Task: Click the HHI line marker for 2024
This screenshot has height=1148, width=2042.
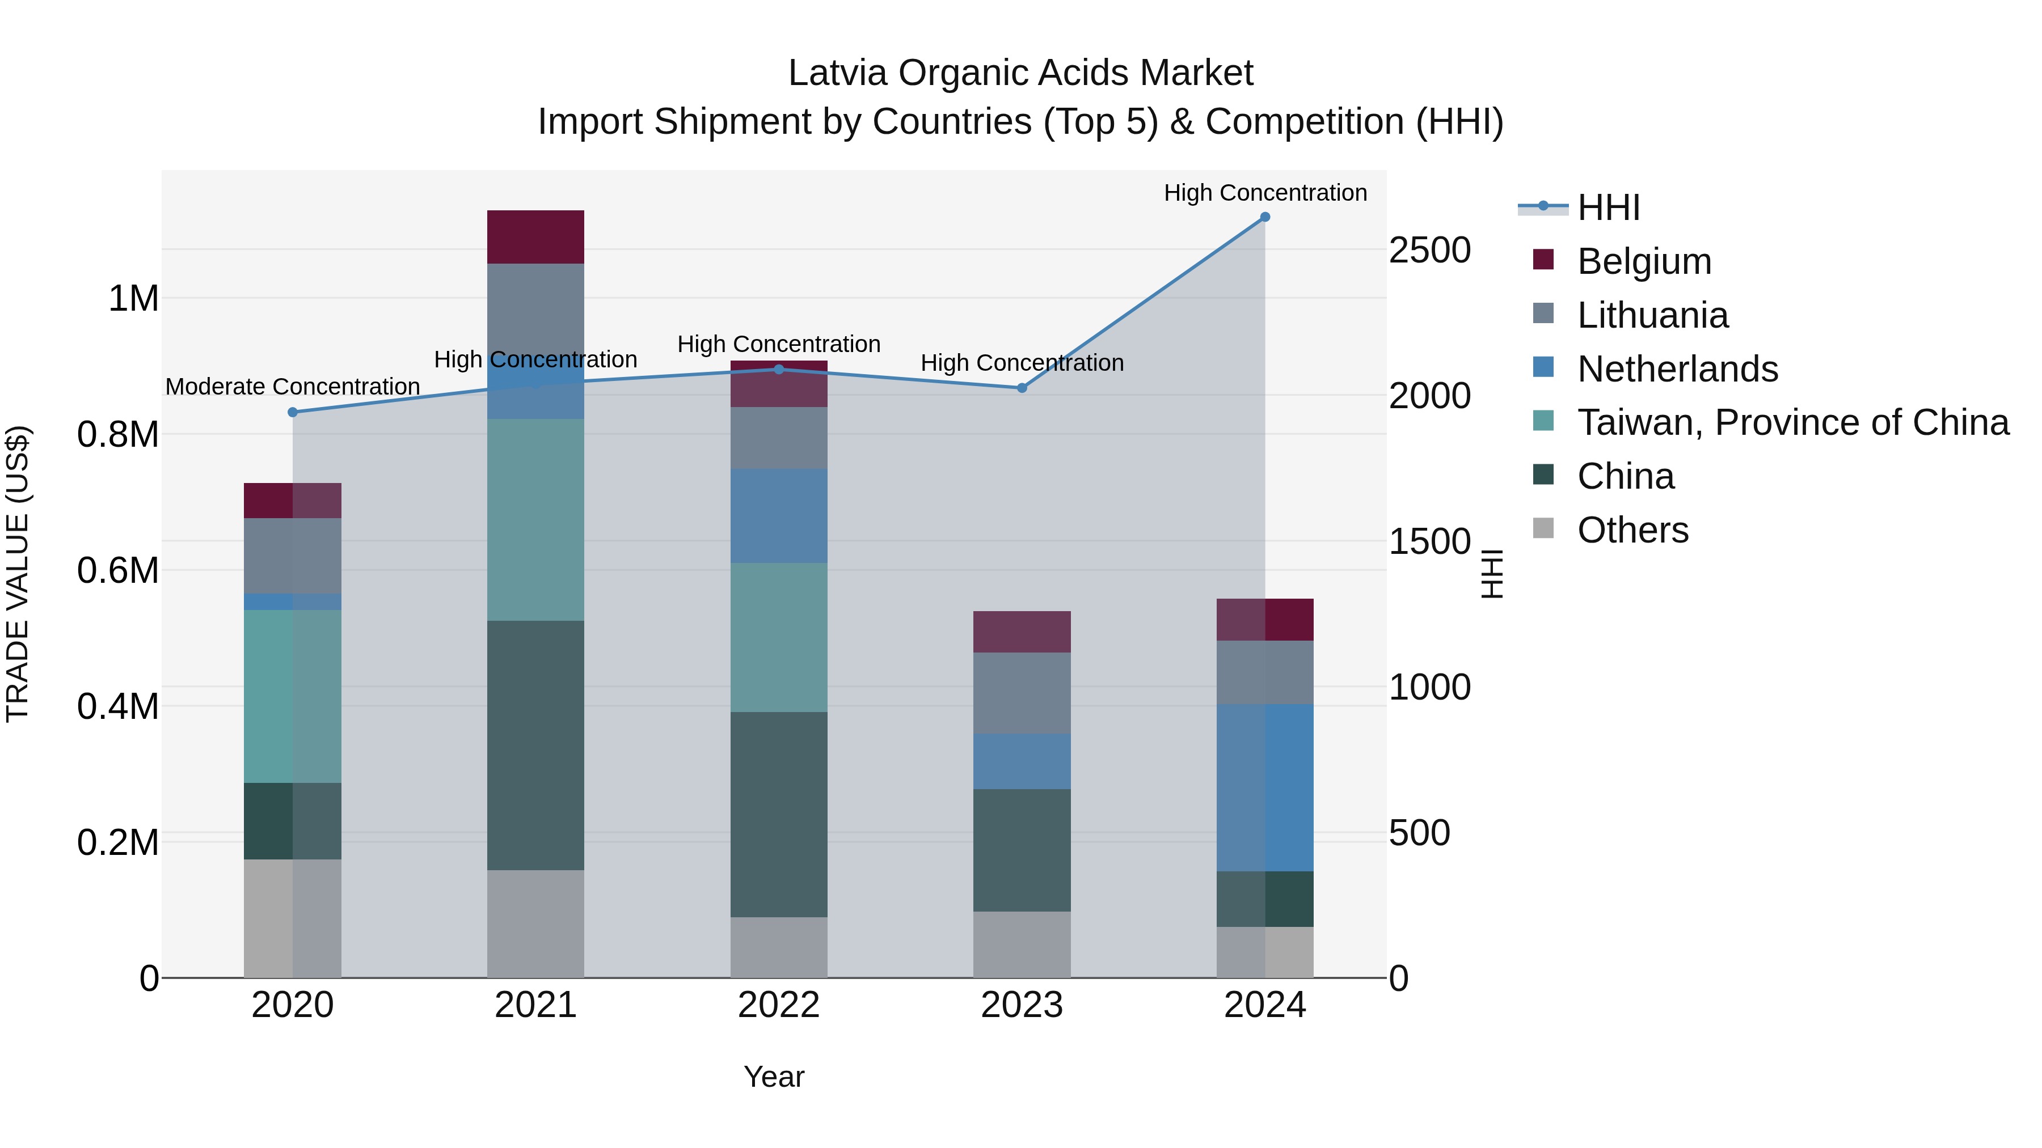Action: (x=1264, y=217)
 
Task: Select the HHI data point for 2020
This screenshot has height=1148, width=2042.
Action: (x=293, y=412)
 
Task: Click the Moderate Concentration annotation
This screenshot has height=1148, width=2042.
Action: (x=293, y=387)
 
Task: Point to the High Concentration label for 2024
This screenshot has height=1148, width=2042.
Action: (x=1265, y=193)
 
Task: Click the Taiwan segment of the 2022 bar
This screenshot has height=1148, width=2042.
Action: (x=778, y=637)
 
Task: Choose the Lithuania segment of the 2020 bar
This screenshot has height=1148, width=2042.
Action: (x=293, y=556)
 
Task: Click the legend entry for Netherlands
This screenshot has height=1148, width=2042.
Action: (x=1677, y=369)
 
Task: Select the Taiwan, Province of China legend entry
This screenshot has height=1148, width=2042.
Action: (x=1792, y=422)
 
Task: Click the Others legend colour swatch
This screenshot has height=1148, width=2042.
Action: (x=1543, y=528)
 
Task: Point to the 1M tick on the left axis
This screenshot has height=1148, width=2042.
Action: (x=133, y=299)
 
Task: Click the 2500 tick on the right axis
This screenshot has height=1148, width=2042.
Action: (x=1429, y=251)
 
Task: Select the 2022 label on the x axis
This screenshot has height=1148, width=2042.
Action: (x=778, y=1005)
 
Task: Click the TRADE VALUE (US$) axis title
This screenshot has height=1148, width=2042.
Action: (x=18, y=574)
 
